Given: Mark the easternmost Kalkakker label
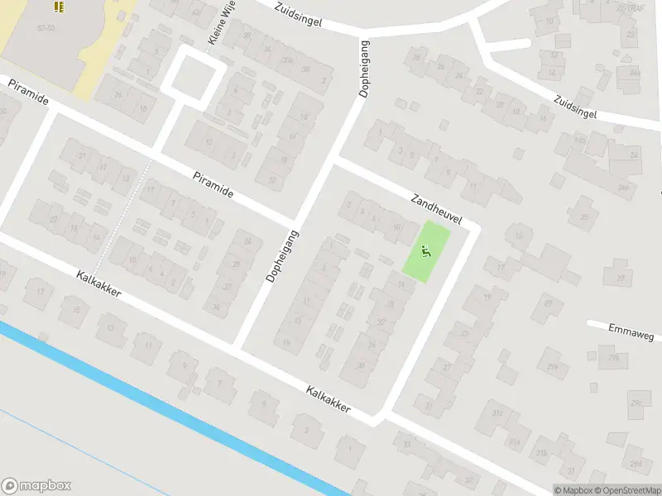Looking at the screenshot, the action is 328,400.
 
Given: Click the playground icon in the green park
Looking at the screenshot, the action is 427,252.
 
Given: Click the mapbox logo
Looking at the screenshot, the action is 36,485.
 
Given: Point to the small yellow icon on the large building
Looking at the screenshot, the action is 59,7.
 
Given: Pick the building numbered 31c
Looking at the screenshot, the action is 498,413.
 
